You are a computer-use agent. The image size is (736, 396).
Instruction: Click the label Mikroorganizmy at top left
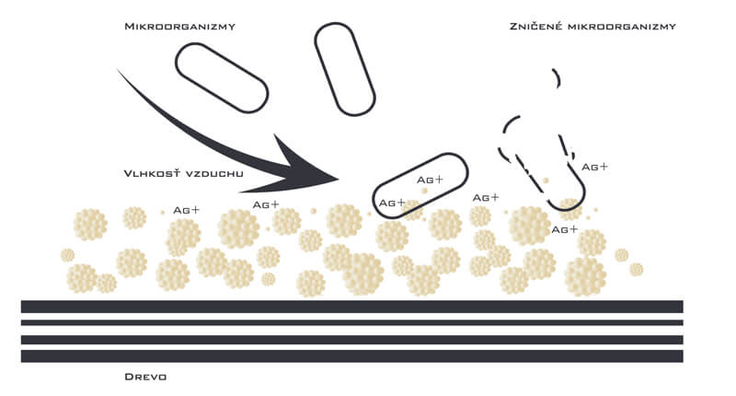click(x=179, y=27)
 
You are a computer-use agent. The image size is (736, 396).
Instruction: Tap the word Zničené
click(x=535, y=26)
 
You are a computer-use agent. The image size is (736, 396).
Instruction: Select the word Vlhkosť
click(x=152, y=173)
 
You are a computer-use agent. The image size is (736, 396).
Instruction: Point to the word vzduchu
click(x=214, y=174)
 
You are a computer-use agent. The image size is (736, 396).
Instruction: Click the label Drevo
click(x=145, y=377)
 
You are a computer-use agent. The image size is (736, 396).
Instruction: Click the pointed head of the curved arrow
click(x=337, y=179)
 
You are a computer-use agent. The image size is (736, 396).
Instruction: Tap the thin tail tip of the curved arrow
click(x=118, y=70)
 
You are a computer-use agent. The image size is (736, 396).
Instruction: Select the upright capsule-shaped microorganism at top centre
click(x=344, y=69)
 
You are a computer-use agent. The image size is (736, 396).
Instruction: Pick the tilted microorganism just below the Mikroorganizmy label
click(x=222, y=78)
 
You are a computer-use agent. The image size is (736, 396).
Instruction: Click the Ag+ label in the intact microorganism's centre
click(x=430, y=180)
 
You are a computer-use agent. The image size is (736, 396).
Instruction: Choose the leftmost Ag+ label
click(x=187, y=210)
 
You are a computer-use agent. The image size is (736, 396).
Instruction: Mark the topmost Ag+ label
click(x=594, y=167)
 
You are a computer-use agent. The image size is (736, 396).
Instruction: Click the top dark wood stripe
click(x=352, y=307)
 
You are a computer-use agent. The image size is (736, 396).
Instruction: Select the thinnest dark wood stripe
click(x=352, y=322)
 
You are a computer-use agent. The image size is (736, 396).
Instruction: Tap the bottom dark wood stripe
click(x=352, y=356)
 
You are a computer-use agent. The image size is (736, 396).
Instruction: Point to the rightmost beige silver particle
click(x=636, y=270)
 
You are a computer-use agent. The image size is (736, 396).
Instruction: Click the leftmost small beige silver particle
click(x=67, y=255)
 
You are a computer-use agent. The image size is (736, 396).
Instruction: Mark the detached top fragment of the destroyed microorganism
click(x=558, y=78)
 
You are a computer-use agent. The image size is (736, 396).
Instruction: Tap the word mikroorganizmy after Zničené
click(x=622, y=27)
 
